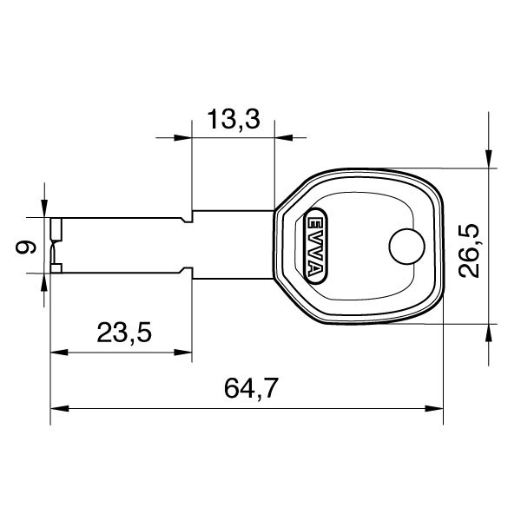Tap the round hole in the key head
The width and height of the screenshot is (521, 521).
tap(405, 247)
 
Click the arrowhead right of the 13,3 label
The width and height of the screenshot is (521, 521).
tap(284, 137)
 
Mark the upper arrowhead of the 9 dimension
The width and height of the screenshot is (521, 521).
tap(44, 209)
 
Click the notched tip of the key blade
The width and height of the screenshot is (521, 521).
tap(56, 246)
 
